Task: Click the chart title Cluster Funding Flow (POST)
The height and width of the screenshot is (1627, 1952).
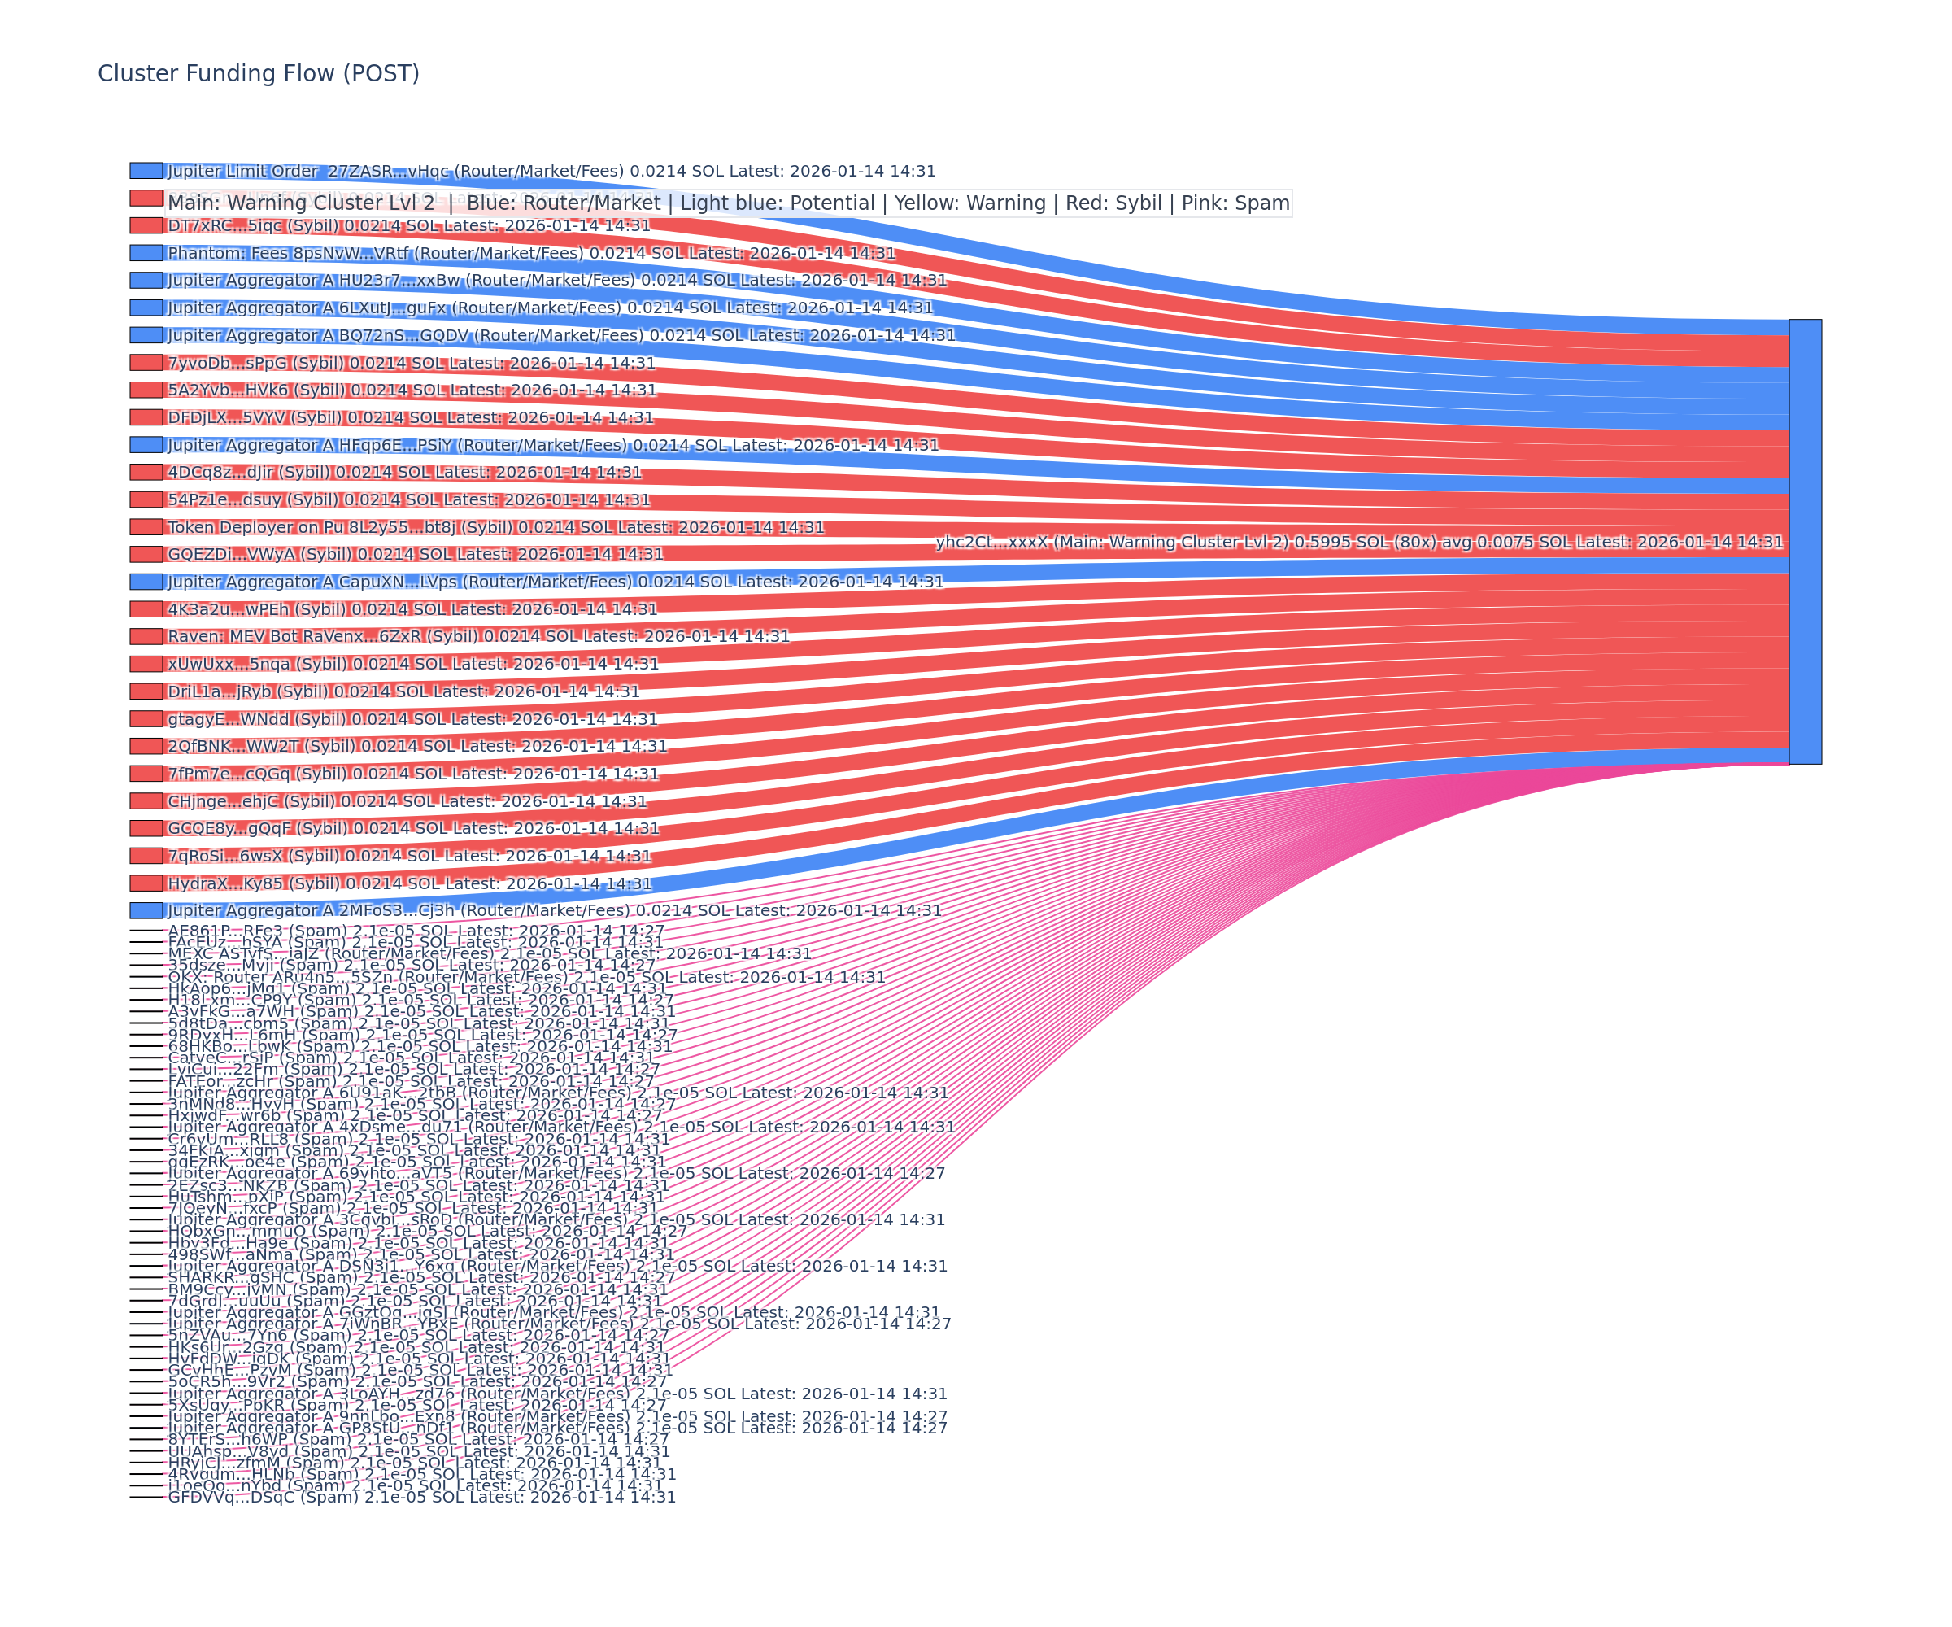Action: [x=259, y=73]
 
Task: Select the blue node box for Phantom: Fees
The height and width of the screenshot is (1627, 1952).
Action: [x=146, y=253]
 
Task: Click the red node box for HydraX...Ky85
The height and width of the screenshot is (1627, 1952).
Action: [x=146, y=883]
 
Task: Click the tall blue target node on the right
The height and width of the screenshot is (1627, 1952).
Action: [x=1805, y=542]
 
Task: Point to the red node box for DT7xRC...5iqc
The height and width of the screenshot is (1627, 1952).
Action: [x=146, y=226]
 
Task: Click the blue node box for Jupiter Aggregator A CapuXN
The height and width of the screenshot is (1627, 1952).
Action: [x=146, y=582]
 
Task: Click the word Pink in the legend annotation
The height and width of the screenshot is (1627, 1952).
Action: [x=1189, y=203]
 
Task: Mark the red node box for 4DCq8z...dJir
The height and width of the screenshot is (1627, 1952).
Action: [x=146, y=473]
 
